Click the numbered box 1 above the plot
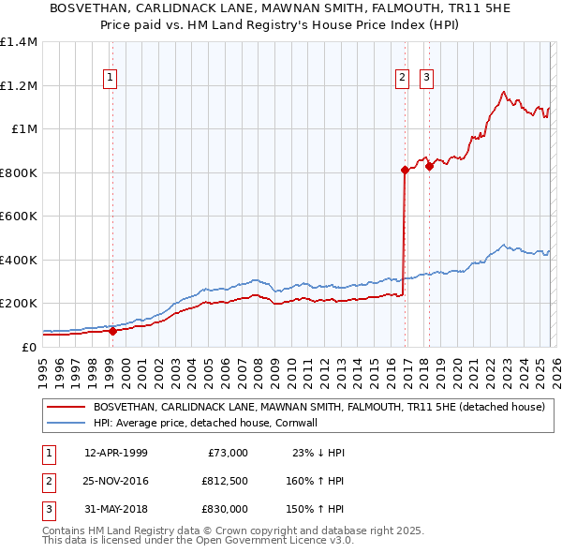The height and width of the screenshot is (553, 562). click(x=111, y=78)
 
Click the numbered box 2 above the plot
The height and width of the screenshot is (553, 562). click(x=402, y=78)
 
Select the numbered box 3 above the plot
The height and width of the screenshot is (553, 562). click(x=427, y=78)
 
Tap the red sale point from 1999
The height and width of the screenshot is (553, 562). click(x=112, y=331)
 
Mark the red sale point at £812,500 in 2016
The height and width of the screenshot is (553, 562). click(x=405, y=170)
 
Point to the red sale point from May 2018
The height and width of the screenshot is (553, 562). click(x=429, y=167)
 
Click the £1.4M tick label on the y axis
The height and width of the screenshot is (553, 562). click(x=18, y=42)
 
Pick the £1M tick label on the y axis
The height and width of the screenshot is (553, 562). click(x=23, y=129)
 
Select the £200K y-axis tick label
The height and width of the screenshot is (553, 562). click(x=18, y=304)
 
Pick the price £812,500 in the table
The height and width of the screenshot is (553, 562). click(x=224, y=481)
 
